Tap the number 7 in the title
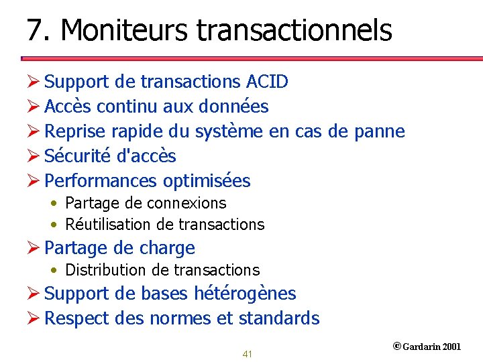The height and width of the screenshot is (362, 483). click(34, 30)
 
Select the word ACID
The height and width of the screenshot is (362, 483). click(267, 82)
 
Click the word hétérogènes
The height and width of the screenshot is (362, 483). click(245, 294)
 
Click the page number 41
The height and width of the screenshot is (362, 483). click(247, 354)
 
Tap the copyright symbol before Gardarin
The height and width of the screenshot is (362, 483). click(396, 347)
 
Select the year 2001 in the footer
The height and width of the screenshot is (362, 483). click(451, 347)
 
